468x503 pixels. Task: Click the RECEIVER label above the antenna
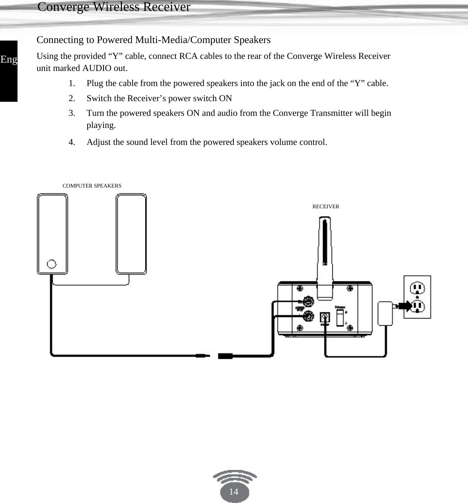tap(326, 206)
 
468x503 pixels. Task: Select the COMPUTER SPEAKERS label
tap(92, 186)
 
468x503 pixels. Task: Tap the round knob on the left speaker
tap(52, 264)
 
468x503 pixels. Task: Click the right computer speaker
tap(131, 234)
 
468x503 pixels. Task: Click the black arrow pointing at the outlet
tap(405, 306)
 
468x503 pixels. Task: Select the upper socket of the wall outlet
tap(417, 289)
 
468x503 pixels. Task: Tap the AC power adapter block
tap(385, 313)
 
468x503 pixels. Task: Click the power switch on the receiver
tap(340, 317)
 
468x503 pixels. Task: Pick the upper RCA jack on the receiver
tap(309, 301)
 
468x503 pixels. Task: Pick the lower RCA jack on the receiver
tap(309, 316)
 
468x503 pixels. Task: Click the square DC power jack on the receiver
tap(325, 317)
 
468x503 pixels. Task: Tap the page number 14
tap(234, 491)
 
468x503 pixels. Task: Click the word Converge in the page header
tap(63, 7)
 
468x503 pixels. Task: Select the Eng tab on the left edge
tap(9, 60)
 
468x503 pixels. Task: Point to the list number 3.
tap(72, 113)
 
